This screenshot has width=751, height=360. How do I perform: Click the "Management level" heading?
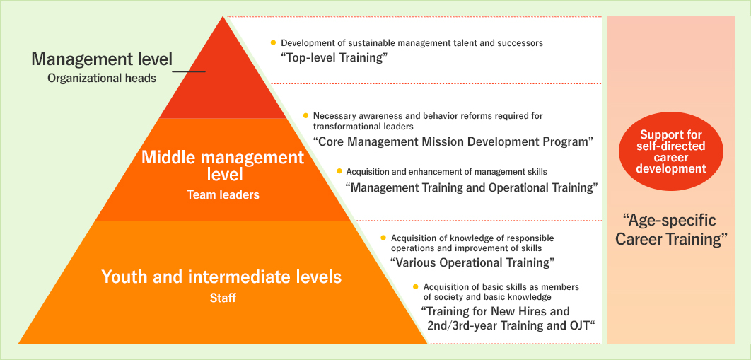pos(101,58)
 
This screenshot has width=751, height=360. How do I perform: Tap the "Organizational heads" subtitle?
pos(102,79)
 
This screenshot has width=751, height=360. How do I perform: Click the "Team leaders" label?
pos(223,194)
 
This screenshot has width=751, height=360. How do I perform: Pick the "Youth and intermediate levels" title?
pos(221,277)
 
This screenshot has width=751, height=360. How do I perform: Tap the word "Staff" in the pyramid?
pos(222,298)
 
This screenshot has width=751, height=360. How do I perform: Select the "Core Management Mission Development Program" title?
pos(453,141)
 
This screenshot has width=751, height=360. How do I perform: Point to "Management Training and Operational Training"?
pos(472,187)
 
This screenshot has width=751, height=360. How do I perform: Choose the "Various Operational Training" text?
pos(472,262)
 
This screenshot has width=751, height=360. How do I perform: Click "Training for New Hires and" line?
pos(495,311)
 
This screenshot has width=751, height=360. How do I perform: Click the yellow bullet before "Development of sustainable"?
pos(273,43)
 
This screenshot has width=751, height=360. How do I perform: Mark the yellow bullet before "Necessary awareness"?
pos(305,115)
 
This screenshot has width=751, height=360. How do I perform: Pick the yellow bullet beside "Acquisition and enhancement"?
pos(339,172)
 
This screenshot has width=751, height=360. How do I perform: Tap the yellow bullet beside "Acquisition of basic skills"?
pos(416,286)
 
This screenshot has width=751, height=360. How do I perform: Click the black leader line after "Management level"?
pos(189,71)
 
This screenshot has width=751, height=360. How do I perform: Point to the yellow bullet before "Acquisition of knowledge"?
pos(383,238)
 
